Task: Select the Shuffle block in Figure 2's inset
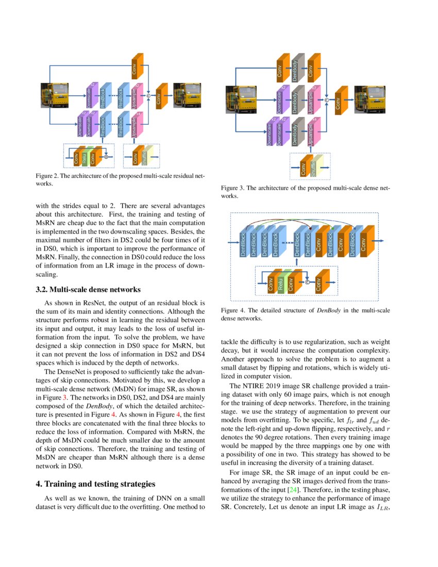[x=145, y=156]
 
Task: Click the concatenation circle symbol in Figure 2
[x=148, y=95]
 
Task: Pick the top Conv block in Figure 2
[x=137, y=66]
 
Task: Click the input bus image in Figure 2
[x=55, y=95]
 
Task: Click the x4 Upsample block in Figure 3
[x=311, y=133]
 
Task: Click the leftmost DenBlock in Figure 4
[x=242, y=241]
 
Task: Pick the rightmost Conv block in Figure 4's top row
[x=364, y=241]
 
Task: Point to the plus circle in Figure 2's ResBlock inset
[x=106, y=155]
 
